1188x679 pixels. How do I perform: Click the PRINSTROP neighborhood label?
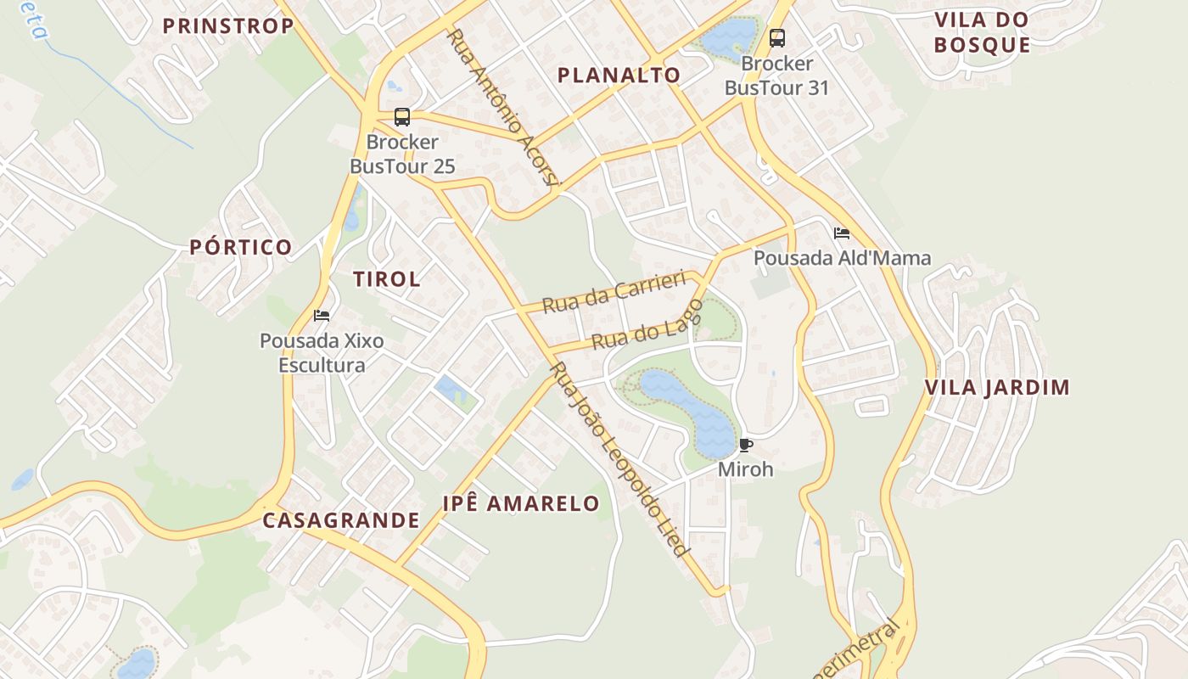[227, 25]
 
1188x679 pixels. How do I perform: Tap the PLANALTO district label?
[619, 75]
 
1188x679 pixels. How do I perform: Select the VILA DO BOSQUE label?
[982, 32]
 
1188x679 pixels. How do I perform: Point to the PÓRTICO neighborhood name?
[241, 247]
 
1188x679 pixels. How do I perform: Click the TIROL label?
[386, 278]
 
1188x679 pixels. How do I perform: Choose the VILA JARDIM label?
[997, 388]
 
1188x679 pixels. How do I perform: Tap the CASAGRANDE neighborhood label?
[340, 520]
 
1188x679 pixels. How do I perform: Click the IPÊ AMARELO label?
[521, 502]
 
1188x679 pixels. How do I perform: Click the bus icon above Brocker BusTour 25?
[402, 117]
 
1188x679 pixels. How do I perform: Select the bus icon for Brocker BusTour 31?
[776, 38]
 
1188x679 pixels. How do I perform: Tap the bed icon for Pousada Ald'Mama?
[841, 233]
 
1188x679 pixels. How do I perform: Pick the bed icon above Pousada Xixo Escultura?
[322, 316]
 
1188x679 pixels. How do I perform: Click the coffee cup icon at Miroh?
[746, 445]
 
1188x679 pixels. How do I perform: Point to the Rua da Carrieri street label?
[614, 292]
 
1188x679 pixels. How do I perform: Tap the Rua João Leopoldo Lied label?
[618, 458]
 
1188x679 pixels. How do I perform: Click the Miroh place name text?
[746, 469]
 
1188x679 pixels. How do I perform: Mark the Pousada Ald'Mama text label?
[842, 258]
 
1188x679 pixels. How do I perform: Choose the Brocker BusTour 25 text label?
[402, 154]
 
